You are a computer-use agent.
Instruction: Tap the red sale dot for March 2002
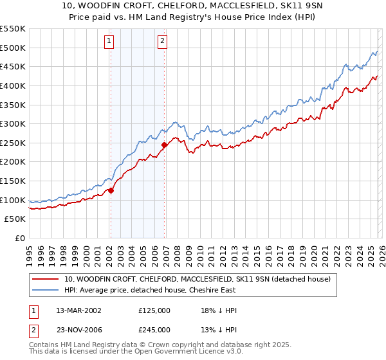click(111, 190)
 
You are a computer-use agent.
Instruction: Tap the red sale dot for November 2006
click(164, 145)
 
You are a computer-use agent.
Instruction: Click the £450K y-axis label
click(13, 66)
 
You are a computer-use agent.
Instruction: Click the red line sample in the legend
click(46, 279)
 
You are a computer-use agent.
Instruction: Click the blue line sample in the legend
click(46, 290)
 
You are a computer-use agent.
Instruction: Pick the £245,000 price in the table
click(154, 329)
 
